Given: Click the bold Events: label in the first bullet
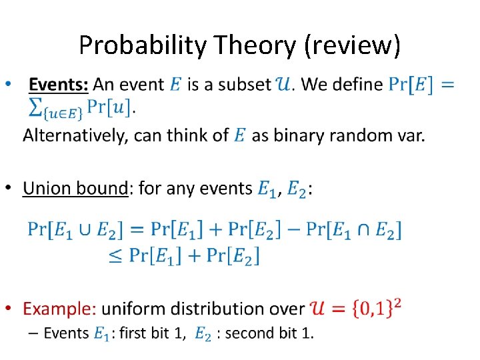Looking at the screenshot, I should click(59, 85).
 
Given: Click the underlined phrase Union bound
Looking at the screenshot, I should click(75, 189).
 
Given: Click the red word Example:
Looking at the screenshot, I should click(60, 309).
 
